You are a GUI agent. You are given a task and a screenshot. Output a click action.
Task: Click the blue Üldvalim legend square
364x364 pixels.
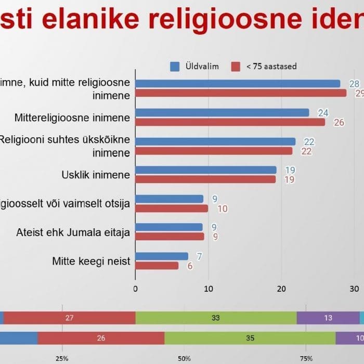click(x=175, y=67)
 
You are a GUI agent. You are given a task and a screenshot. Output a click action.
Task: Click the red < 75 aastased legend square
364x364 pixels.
click(x=236, y=67)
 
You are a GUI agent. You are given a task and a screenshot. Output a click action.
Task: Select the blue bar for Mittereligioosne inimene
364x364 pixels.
click(x=222, y=112)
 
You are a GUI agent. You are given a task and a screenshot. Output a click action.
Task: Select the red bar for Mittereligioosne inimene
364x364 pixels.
click(x=230, y=122)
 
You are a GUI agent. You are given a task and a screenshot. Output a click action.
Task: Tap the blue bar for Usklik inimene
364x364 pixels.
click(x=206, y=170)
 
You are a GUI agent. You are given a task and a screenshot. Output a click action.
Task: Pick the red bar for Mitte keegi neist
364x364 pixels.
click(x=157, y=265)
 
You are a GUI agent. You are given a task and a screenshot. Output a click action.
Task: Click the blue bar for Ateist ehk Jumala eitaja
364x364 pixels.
click(x=169, y=227)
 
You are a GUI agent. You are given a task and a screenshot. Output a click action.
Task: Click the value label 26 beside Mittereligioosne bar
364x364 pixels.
click(x=340, y=123)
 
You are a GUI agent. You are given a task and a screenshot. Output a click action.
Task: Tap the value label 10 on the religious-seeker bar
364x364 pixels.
click(x=222, y=209)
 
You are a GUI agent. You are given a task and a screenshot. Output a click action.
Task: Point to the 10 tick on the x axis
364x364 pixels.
click(x=209, y=289)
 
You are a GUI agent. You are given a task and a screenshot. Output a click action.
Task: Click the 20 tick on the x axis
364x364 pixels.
click(x=281, y=289)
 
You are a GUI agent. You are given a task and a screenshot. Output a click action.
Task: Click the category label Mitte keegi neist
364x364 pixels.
click(x=91, y=261)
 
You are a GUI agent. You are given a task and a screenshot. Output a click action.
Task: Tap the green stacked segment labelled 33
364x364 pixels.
click(x=216, y=318)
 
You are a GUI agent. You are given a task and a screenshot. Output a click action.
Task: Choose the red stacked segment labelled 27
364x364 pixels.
click(x=69, y=318)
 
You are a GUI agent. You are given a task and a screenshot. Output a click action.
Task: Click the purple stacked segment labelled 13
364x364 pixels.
click(x=328, y=318)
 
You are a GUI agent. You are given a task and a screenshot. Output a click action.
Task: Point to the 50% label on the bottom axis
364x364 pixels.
click(x=184, y=358)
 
